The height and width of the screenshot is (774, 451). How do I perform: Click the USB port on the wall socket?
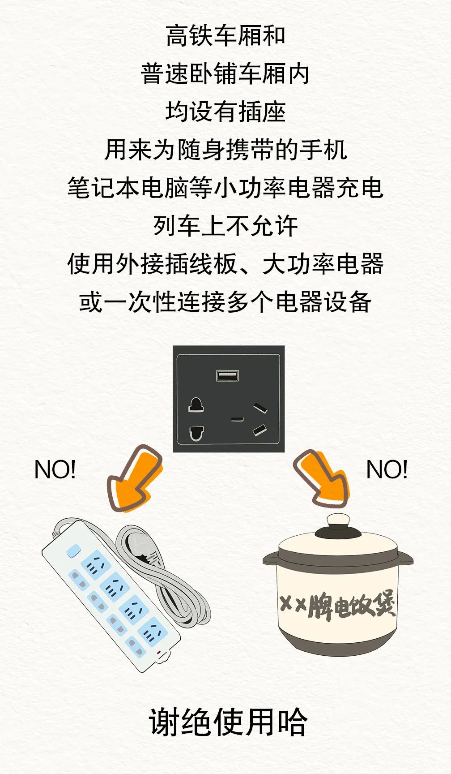pyautogui.click(x=228, y=375)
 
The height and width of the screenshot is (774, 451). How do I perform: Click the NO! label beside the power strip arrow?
pyautogui.click(x=55, y=469)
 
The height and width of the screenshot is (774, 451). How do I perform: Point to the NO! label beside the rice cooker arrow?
pyautogui.click(x=387, y=469)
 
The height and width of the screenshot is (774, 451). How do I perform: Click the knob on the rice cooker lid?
pyautogui.click(x=338, y=522)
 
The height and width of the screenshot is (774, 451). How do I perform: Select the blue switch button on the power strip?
pyautogui.click(x=73, y=550)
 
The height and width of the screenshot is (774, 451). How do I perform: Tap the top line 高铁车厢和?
pyautogui.click(x=225, y=36)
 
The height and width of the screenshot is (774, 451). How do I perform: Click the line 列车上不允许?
pyautogui.click(x=225, y=226)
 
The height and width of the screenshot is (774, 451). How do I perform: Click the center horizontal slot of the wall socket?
pyautogui.click(x=237, y=419)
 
